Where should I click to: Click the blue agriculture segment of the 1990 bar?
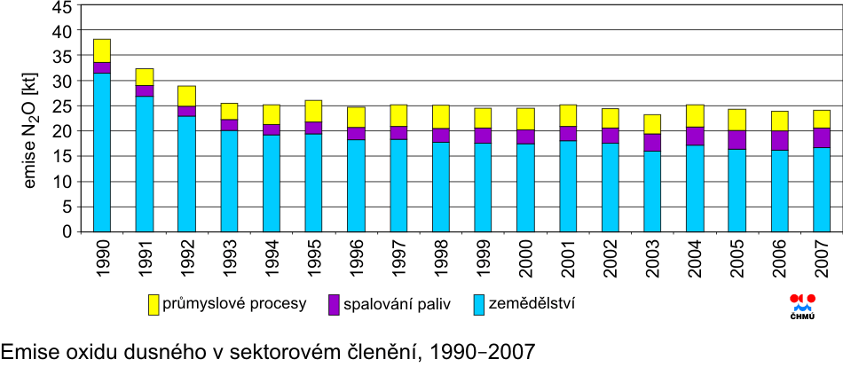pos(102,152)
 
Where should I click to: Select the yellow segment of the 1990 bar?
pos(102,51)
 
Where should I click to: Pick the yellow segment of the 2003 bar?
pos(652,123)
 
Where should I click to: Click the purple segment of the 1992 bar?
pos(186,111)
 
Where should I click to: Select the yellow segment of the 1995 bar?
pos(313,111)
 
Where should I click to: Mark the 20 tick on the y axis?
pos(62,131)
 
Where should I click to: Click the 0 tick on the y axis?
pos(67,232)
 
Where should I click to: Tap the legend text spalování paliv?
pos(399,305)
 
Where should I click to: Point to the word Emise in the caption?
pos(26,353)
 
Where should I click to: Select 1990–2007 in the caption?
pos(482,353)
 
